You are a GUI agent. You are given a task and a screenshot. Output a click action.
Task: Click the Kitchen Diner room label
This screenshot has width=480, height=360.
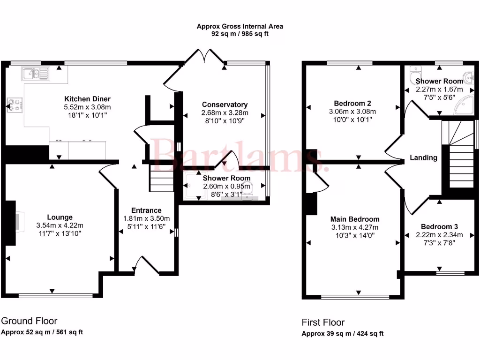pyautogui.click(x=87, y=99)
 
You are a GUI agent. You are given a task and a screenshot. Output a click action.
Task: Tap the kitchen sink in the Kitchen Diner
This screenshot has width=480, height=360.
pyautogui.click(x=35, y=73)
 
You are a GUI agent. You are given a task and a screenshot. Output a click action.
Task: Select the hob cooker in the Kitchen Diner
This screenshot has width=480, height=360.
pyautogui.click(x=14, y=105)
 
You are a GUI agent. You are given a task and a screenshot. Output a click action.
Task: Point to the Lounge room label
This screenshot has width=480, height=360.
pyautogui.click(x=60, y=217)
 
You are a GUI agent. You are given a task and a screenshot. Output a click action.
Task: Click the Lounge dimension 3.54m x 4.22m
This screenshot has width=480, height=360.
pyautogui.click(x=60, y=225)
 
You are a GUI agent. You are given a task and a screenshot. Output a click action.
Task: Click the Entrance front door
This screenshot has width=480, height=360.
pyautogui.click(x=146, y=266)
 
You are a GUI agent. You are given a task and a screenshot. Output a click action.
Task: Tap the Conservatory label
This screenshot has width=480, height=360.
pyautogui.click(x=225, y=105)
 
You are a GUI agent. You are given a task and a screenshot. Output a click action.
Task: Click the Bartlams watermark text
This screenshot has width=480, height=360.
pyautogui.click(x=239, y=156)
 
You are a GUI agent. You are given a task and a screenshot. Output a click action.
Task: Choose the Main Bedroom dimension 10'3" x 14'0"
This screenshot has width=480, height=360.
pyautogui.click(x=355, y=235)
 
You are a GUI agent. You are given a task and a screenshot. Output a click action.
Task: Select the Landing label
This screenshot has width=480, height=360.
pyautogui.click(x=423, y=157)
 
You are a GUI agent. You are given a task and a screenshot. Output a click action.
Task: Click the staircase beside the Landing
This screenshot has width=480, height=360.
pyautogui.click(x=459, y=155)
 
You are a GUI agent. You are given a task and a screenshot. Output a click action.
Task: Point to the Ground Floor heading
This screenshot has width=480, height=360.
pyautogui.click(x=29, y=321)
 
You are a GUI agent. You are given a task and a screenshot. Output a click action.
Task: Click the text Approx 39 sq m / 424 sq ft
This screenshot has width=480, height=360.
pyautogui.click(x=342, y=334)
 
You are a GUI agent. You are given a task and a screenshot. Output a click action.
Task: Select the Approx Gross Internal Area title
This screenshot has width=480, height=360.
pyautogui.click(x=240, y=27)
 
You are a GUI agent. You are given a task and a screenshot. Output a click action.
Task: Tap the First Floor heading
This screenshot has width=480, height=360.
pyautogui.click(x=323, y=322)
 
